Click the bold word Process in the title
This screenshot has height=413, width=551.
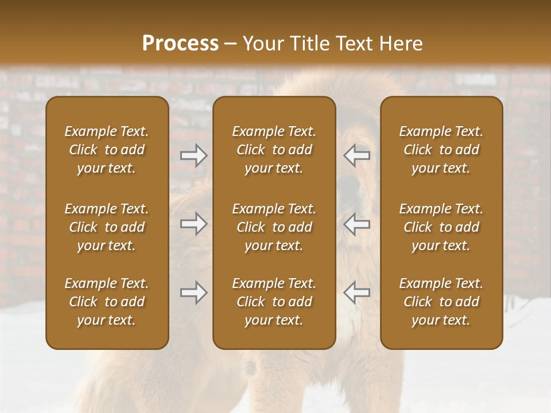[x=180, y=44]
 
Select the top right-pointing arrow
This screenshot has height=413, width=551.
[x=194, y=155]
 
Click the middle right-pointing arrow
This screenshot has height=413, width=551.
[x=194, y=224]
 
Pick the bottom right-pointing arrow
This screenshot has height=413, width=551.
[x=194, y=293]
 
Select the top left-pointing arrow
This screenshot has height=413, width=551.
[x=356, y=155]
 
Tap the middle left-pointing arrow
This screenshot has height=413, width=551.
[x=356, y=224]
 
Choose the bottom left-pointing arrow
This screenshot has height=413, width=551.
[x=356, y=293]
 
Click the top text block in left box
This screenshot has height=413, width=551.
[x=107, y=150]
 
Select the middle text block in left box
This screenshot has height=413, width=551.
[x=107, y=227]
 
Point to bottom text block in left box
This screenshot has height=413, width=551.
[x=107, y=302]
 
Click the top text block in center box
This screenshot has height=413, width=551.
[x=274, y=150]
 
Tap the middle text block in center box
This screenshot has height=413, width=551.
[x=274, y=227]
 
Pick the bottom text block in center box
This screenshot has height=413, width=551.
[x=274, y=302]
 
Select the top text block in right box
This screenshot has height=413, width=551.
[x=441, y=150]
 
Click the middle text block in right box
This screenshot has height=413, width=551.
[x=441, y=227]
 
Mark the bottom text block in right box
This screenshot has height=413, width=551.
[x=441, y=302]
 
